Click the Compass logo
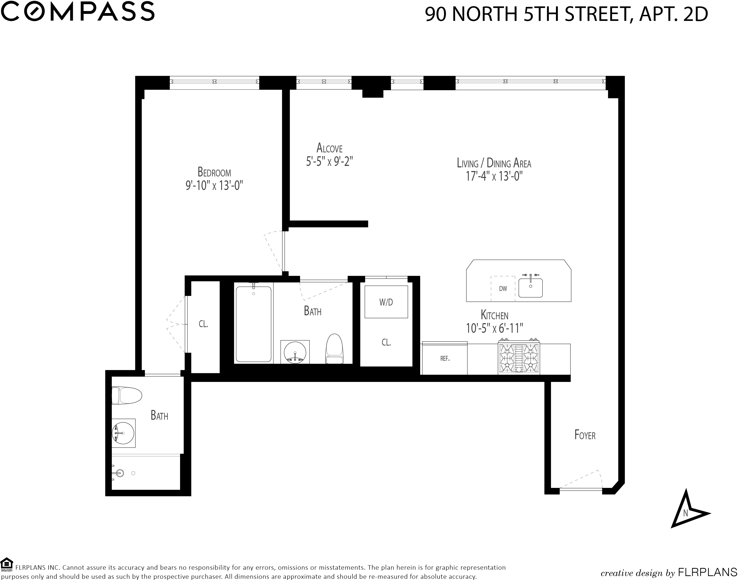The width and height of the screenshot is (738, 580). [x=79, y=11]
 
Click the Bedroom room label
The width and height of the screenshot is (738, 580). [x=214, y=173]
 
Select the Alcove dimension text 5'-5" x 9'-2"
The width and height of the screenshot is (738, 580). [x=329, y=161]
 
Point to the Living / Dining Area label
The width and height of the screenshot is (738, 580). [x=494, y=163]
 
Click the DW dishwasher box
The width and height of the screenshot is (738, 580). [x=503, y=288]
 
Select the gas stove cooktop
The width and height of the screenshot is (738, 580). [x=519, y=359]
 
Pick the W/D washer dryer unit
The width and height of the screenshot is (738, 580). [x=386, y=302]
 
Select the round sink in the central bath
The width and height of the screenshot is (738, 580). [x=295, y=352]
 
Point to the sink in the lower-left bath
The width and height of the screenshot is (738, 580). [x=123, y=433]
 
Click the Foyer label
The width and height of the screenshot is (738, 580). [x=585, y=435]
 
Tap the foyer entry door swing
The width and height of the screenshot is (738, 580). [x=580, y=480]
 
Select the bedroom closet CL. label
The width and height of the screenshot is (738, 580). [x=203, y=324]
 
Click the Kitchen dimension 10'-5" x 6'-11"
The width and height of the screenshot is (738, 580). [x=494, y=328]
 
